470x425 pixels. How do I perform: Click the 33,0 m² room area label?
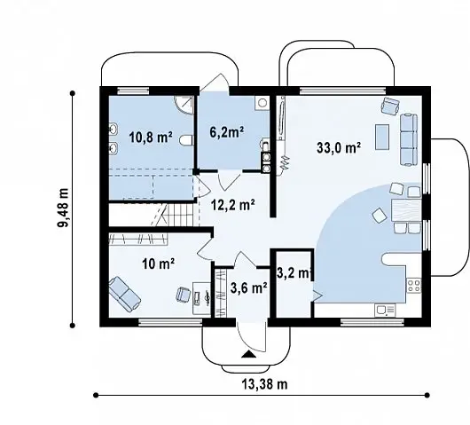click(x=339, y=148)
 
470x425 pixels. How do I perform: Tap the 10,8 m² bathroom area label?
click(x=151, y=138)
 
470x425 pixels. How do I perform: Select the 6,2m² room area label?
click(x=226, y=132)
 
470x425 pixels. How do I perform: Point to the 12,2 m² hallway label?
click(x=233, y=205)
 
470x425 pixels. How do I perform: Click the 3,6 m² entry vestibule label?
click(x=249, y=288)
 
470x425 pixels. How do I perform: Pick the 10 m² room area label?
click(x=158, y=264)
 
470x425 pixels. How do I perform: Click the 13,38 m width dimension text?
click(x=264, y=384)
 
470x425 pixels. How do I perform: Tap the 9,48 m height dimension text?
click(x=64, y=208)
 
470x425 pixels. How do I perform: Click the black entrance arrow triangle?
click(x=248, y=354)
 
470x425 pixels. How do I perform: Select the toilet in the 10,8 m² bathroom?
click(x=186, y=140)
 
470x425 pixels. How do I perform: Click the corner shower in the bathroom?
click(x=184, y=105)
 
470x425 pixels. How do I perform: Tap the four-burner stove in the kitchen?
click(x=413, y=286)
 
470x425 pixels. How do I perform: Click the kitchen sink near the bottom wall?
click(x=385, y=311)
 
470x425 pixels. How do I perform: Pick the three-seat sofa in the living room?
click(x=409, y=139)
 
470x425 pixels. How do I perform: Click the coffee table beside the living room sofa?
click(x=382, y=137)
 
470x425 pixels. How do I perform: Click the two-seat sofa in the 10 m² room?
click(x=125, y=295)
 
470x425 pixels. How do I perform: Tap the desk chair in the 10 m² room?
click(x=184, y=295)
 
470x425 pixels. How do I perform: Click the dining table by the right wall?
click(x=406, y=210)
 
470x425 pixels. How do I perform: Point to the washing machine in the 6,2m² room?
click(x=262, y=103)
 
